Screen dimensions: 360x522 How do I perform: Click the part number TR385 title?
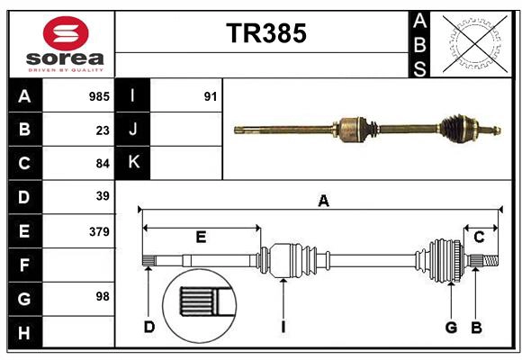click(x=265, y=33)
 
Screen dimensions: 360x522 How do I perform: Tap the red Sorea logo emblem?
click(x=66, y=35)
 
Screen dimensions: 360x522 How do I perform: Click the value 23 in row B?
click(x=103, y=130)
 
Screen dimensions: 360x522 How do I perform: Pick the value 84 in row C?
click(x=103, y=164)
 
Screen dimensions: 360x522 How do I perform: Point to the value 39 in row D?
click(x=103, y=196)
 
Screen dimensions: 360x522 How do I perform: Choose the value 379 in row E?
click(x=99, y=231)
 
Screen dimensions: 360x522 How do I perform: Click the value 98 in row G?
click(x=103, y=296)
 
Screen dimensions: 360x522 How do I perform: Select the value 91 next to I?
click(x=211, y=96)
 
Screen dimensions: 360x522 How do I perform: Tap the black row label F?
click(x=24, y=265)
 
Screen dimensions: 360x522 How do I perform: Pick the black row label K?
click(x=133, y=163)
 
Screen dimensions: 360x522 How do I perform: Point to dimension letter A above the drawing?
click(x=323, y=201)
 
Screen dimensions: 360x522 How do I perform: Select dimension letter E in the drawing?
click(x=201, y=238)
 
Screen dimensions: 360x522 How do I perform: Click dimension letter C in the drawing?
click(x=479, y=237)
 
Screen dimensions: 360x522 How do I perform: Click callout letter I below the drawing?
click(x=283, y=327)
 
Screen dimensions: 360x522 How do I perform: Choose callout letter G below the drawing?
click(x=451, y=327)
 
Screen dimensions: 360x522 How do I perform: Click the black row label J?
click(x=133, y=130)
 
